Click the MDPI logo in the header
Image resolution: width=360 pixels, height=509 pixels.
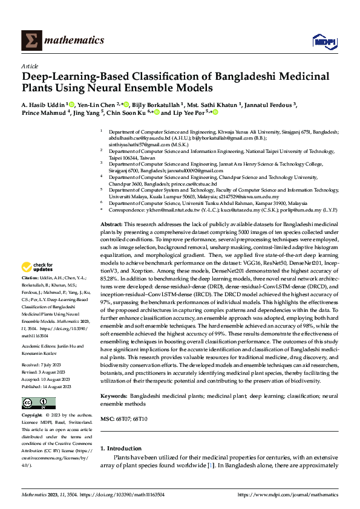click(x=321, y=41)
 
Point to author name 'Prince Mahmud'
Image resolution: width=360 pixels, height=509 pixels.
click(x=44, y=112)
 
